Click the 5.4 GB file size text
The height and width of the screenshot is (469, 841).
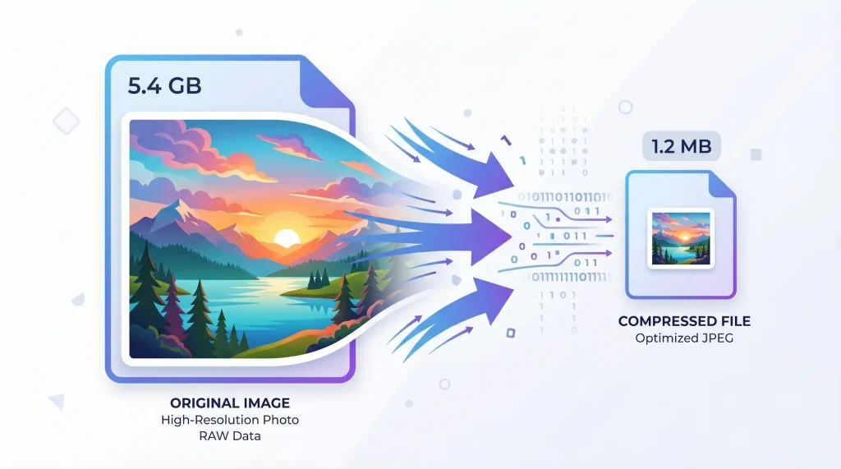164,85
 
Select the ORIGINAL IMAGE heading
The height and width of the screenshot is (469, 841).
229,403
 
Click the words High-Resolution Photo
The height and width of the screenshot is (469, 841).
229,420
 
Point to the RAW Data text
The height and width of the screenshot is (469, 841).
229,435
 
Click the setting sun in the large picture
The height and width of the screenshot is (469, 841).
286,238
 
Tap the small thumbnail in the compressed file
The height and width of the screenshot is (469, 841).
680,237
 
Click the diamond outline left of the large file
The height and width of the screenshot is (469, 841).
66,122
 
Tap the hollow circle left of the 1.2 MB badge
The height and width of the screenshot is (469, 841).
626,107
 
